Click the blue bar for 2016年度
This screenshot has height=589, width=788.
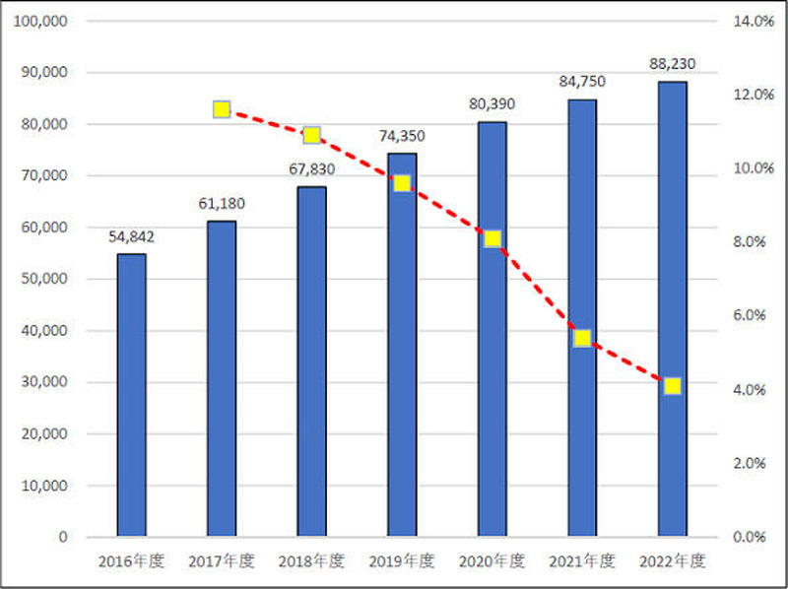pyautogui.click(x=131, y=394)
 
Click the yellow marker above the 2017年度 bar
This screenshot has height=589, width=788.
pyautogui.click(x=222, y=109)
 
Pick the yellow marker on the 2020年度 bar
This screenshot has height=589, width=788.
pyautogui.click(x=492, y=238)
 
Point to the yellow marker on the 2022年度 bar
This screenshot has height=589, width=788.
pyautogui.click(x=672, y=386)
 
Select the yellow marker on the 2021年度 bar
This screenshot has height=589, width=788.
pyautogui.click(x=582, y=338)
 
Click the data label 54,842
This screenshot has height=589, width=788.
pyautogui.click(x=131, y=236)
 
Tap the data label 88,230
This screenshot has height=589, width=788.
pyautogui.click(x=672, y=64)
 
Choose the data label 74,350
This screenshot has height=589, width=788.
pyautogui.click(x=401, y=136)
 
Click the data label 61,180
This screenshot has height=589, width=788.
pyautogui.click(x=222, y=204)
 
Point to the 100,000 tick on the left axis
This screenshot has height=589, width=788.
pyautogui.click(x=40, y=21)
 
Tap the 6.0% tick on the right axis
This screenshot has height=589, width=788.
pyautogui.click(x=755, y=315)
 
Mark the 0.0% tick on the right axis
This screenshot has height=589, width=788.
pyautogui.click(x=755, y=537)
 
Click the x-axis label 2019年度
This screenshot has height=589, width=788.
pyautogui.click(x=401, y=561)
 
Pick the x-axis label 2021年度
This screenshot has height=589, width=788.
pyautogui.click(x=582, y=561)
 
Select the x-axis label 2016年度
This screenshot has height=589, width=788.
pyautogui.click(x=131, y=561)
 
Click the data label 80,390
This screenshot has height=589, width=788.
pyautogui.click(x=492, y=104)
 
